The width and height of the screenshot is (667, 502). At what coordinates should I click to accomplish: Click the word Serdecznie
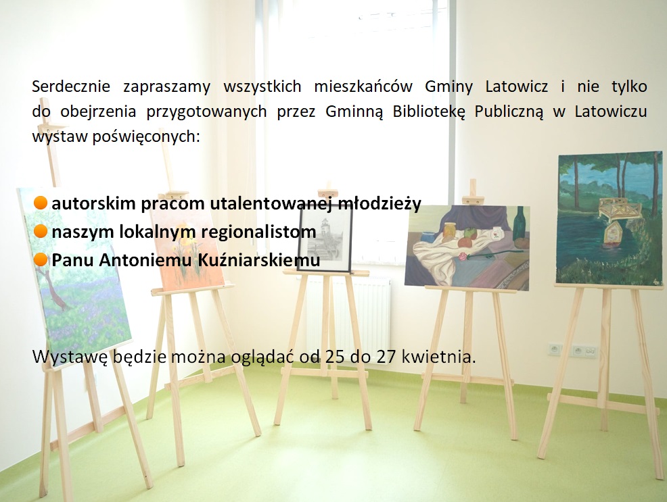[71, 86]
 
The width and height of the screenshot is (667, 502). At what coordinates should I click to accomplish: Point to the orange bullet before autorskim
[40, 203]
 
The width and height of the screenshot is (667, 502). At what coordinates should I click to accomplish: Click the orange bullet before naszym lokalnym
[40, 232]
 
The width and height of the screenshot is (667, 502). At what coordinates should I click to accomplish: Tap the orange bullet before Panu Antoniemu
[40, 259]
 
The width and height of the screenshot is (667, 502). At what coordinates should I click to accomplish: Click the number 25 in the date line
[335, 357]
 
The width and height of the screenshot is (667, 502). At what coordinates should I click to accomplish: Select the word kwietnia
[438, 357]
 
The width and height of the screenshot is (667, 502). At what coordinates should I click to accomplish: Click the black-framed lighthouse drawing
[325, 239]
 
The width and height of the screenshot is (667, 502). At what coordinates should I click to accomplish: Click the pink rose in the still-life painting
[463, 257]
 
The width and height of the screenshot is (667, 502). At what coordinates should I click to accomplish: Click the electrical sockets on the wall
[574, 351]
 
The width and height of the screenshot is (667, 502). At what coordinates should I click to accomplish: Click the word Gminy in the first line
[448, 87]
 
